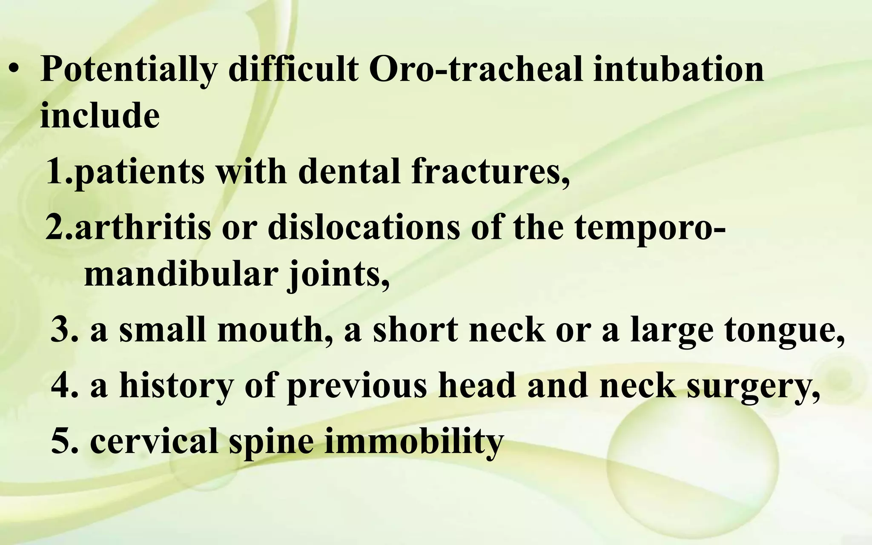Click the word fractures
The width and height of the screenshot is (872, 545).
click(x=490, y=172)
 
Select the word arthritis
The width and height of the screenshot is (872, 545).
click(x=143, y=227)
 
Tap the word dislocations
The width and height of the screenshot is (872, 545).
click(x=364, y=227)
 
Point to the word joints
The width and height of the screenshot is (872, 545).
click(x=339, y=275)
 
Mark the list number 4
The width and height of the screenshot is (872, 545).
click(x=62, y=385)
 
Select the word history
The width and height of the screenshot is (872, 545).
click(x=176, y=385)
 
